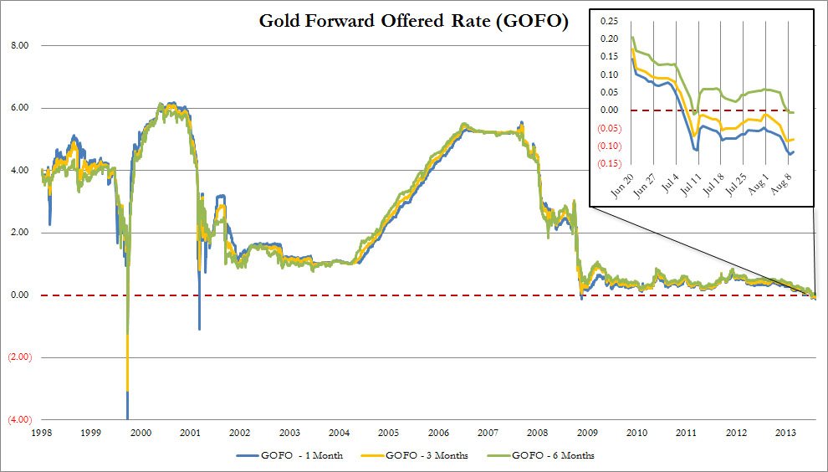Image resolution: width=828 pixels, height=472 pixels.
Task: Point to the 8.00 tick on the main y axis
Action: click(x=18, y=45)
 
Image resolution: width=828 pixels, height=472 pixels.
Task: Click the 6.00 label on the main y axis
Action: click(x=18, y=108)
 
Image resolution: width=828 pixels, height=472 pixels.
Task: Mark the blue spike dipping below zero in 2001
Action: click(x=199, y=326)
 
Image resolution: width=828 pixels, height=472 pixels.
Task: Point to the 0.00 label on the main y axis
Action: click(x=18, y=295)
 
